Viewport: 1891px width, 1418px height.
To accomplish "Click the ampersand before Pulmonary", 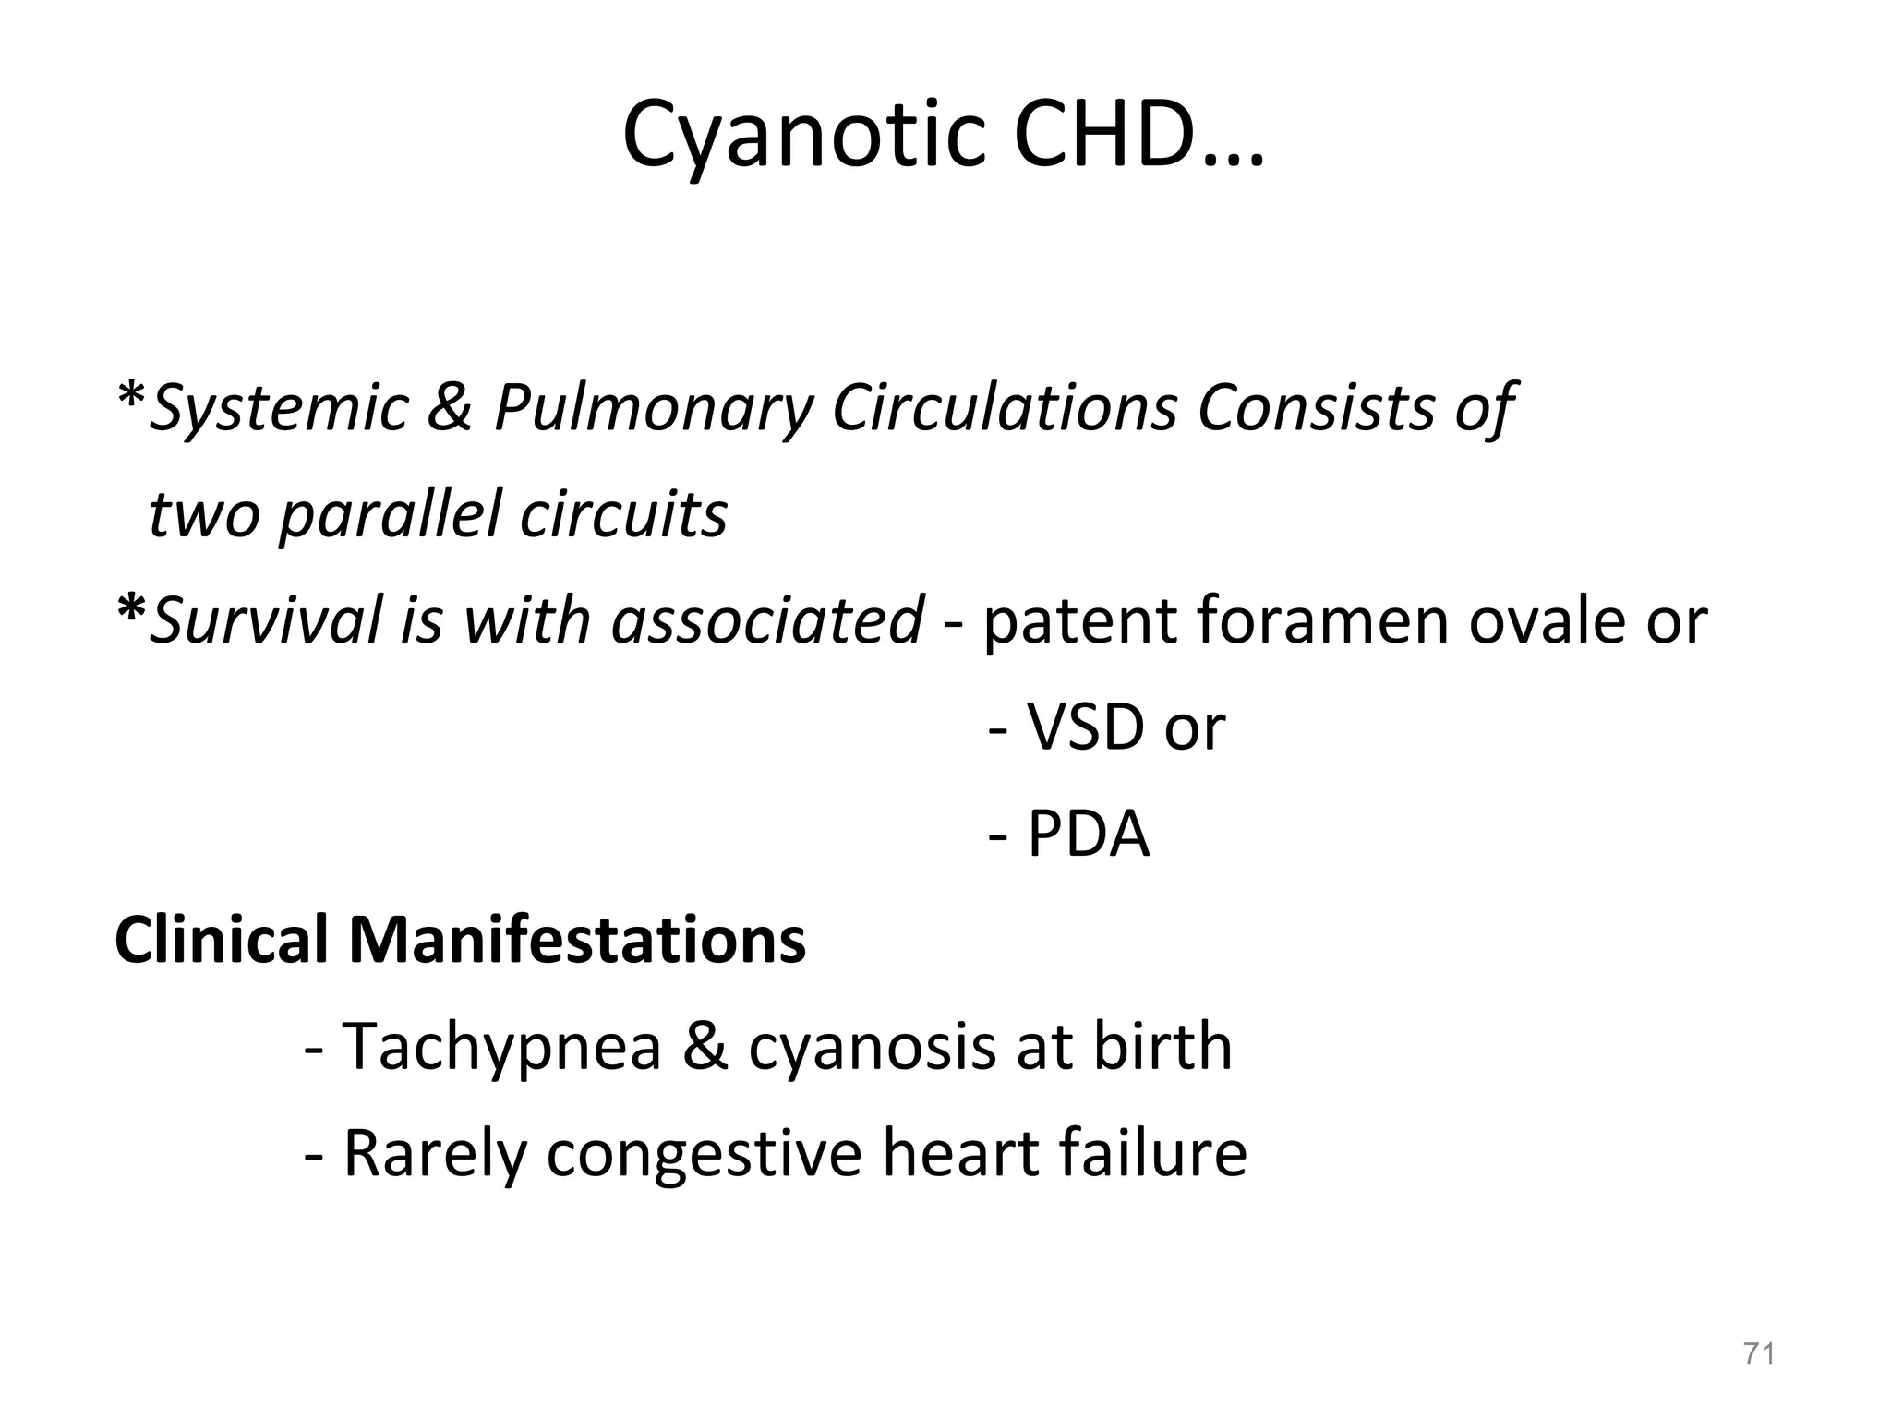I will pos(451,407).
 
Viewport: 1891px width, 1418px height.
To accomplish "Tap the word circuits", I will pos(623,513).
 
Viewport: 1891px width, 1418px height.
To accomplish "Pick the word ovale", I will pos(1545,620).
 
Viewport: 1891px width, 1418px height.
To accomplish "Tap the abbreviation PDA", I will pos(1089,834).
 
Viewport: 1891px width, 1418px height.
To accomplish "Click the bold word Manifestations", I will pos(577,940).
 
